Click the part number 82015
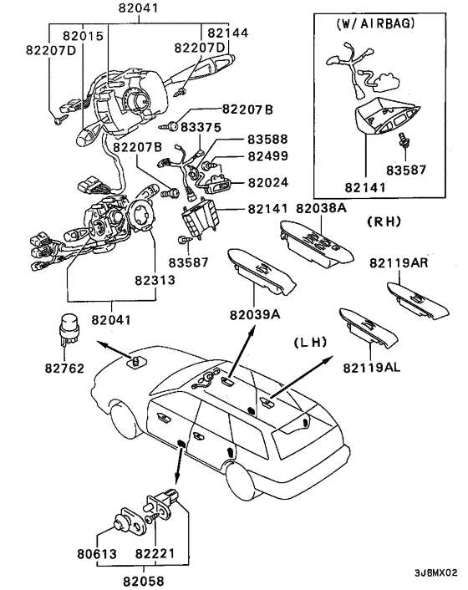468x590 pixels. click(83, 36)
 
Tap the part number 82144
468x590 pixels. click(228, 33)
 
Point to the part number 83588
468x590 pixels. click(267, 140)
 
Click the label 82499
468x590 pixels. click(268, 155)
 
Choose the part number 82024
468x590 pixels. click(268, 182)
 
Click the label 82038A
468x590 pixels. click(321, 208)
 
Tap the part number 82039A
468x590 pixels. click(255, 314)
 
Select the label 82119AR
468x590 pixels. click(399, 262)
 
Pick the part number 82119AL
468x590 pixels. click(372, 367)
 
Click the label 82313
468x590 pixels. click(155, 280)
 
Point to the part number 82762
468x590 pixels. click(64, 368)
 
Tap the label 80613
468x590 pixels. click(97, 554)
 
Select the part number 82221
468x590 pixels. click(155, 553)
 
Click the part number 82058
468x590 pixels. click(144, 581)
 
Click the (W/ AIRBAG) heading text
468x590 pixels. click(376, 23)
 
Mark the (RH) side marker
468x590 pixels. click(384, 221)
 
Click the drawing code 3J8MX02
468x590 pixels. click(436, 573)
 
